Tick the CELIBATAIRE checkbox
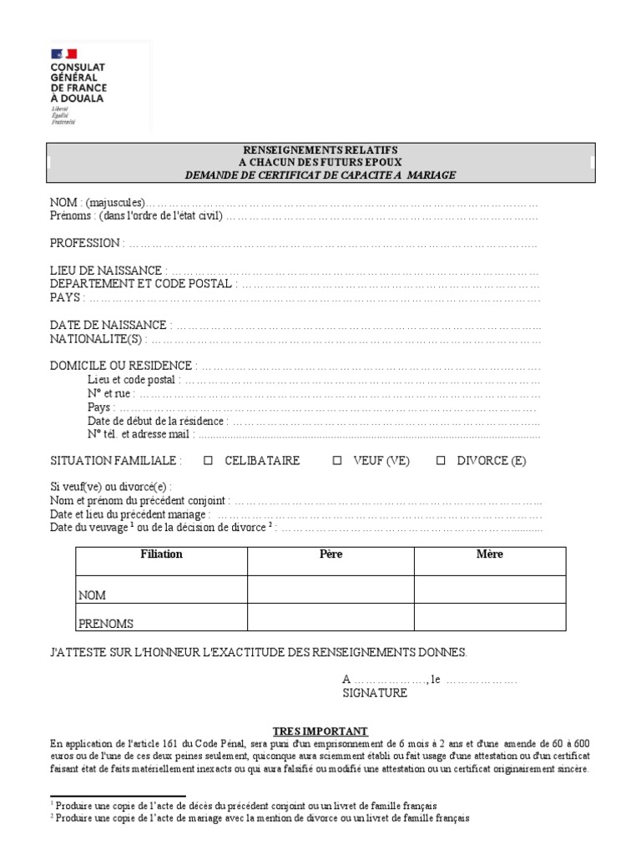[x=209, y=460]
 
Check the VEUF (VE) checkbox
[x=337, y=460]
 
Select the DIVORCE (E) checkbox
[x=442, y=460]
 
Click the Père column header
[x=331, y=554]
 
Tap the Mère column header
[x=489, y=554]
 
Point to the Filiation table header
[x=161, y=554]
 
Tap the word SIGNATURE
[x=375, y=693]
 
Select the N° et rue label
[x=109, y=393]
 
